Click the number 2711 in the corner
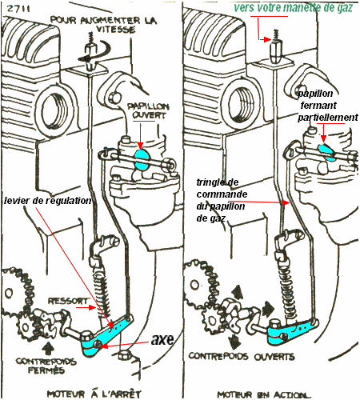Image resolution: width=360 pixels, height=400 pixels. click(18, 8)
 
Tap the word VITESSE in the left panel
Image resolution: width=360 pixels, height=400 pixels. click(115, 29)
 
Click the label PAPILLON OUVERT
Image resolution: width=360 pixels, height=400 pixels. click(148, 111)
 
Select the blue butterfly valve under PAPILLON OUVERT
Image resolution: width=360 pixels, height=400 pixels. click(141, 160)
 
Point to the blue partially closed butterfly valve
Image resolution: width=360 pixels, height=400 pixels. click(327, 152)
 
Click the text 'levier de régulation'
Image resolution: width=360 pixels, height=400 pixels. click(47, 201)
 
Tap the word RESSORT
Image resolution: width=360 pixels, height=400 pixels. click(68, 301)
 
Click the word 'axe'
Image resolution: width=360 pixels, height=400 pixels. click(162, 339)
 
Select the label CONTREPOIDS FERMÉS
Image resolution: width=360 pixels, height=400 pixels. click(46, 366)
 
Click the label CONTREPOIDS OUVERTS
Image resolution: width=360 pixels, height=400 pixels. click(242, 357)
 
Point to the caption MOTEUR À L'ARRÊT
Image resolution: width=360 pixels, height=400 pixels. click(94, 394)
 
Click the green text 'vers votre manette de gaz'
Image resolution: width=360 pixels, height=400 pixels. click(294, 8)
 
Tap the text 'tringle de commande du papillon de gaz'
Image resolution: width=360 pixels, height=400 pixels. click(222, 200)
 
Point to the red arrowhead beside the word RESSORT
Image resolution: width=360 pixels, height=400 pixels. click(93, 307)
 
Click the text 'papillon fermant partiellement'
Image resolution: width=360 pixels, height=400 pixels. click(328, 106)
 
